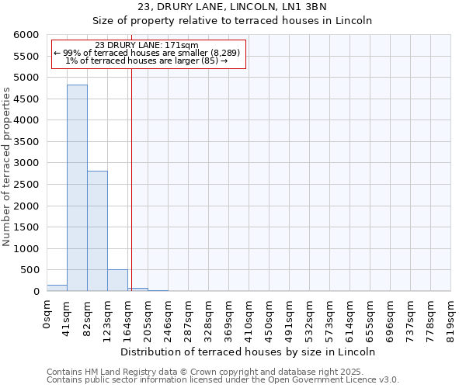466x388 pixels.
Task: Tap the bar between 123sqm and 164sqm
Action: click(117, 280)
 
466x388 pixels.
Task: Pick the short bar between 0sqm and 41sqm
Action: click(57, 288)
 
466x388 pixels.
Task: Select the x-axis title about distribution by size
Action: click(249, 352)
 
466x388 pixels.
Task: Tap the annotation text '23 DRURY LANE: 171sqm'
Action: click(148, 45)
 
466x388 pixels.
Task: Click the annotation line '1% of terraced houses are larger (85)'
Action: click(148, 61)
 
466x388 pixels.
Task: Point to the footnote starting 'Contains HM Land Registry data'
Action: click(222, 372)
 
